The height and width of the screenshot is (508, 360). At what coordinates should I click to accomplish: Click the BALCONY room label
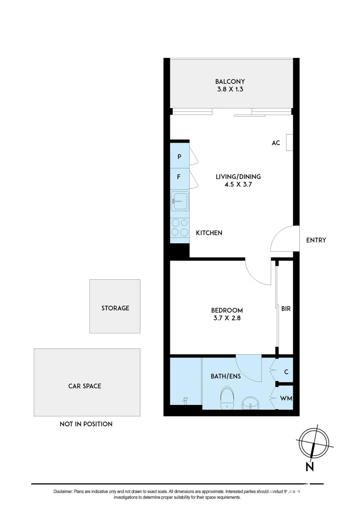tap(230, 81)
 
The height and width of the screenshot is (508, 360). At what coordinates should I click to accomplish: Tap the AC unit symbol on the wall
tap(289, 142)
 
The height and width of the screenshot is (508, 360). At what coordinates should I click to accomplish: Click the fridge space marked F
tap(179, 177)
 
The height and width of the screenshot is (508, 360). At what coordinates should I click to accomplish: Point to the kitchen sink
tap(180, 201)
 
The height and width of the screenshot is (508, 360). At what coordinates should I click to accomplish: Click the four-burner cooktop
tap(180, 228)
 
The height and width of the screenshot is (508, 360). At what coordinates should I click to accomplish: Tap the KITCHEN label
tap(209, 233)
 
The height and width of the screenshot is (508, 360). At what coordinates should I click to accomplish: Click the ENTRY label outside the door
tap(316, 240)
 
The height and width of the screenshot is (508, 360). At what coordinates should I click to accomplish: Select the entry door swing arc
tap(281, 240)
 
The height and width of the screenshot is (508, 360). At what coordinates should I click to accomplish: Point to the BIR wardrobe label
tap(286, 309)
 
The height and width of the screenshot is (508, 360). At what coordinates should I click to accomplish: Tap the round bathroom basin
tap(249, 404)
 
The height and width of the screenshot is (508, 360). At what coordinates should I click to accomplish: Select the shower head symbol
tap(185, 401)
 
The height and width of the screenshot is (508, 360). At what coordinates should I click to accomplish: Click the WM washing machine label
tap(286, 398)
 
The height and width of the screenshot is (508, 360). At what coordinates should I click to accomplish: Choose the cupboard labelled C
tap(286, 372)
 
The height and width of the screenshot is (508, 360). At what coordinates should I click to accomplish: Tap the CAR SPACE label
tap(85, 386)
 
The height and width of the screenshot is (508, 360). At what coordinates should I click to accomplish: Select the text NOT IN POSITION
tap(86, 424)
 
